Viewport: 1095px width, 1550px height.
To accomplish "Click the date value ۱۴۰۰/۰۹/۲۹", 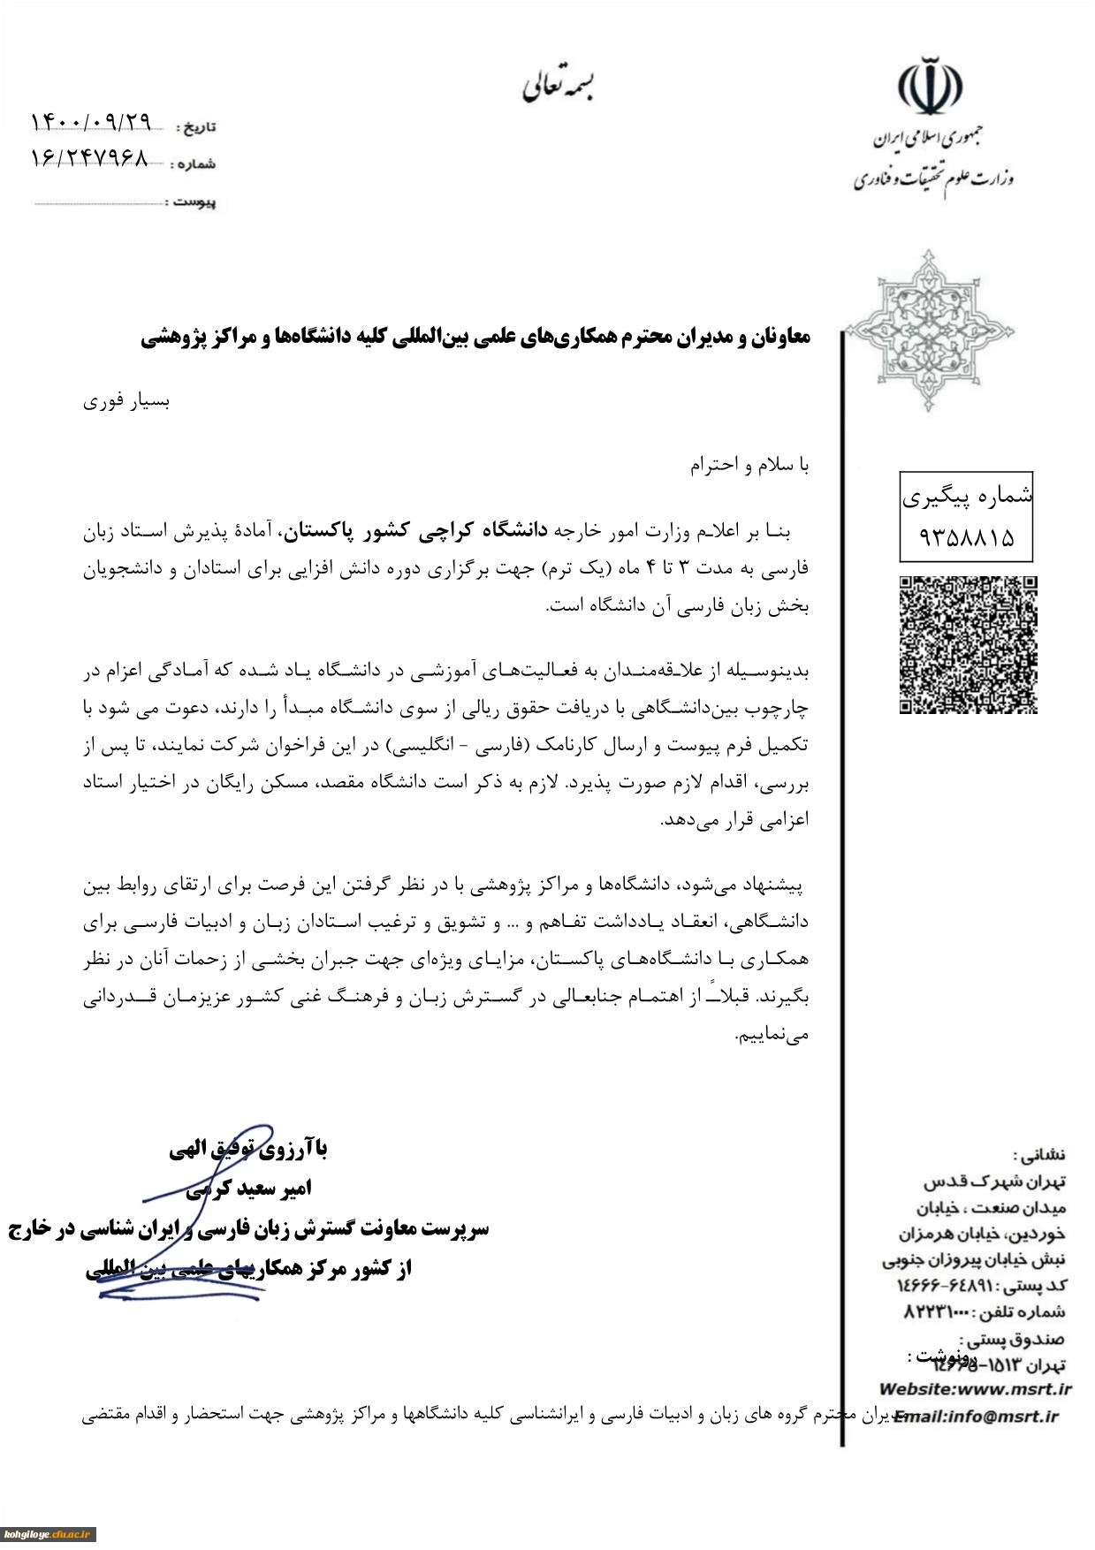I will [x=91, y=122].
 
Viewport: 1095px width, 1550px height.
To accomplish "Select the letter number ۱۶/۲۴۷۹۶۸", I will [x=89, y=159].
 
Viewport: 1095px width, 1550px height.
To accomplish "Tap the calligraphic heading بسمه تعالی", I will [x=558, y=86].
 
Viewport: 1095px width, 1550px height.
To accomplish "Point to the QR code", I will [x=968, y=644].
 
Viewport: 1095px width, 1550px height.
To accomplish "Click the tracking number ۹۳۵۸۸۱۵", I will [x=966, y=536].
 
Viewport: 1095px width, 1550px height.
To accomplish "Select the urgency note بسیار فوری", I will [x=126, y=401].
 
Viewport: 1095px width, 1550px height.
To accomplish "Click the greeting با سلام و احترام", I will [x=749, y=465].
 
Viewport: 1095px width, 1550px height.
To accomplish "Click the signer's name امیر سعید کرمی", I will [x=248, y=1189].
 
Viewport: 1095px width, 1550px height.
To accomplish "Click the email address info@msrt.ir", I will [x=1002, y=1416].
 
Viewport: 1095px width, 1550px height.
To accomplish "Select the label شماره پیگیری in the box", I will [x=967, y=497].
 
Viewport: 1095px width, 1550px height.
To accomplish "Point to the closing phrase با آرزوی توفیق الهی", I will [x=248, y=1149].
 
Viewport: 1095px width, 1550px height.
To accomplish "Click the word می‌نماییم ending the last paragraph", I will [x=772, y=1034].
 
